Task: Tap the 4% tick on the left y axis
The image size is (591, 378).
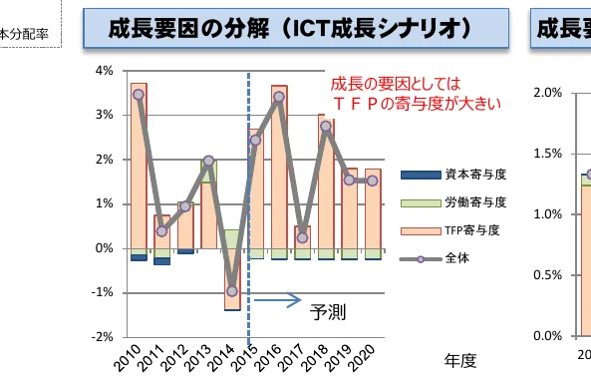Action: pyautogui.click(x=105, y=71)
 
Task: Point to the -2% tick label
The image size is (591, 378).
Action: pyautogui.click(x=103, y=337)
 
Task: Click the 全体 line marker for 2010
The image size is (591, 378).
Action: pyautogui.click(x=139, y=95)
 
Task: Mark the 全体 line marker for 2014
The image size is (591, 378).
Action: pyautogui.click(x=232, y=291)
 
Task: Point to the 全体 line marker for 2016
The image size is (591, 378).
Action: pyautogui.click(x=279, y=97)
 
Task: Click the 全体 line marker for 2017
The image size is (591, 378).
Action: pyautogui.click(x=302, y=237)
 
